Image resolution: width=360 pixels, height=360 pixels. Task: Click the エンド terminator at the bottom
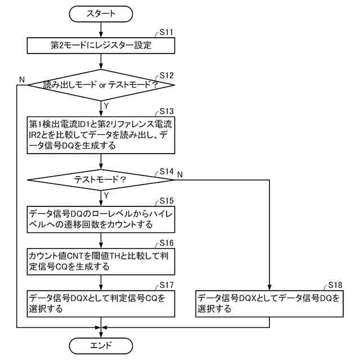(101, 345)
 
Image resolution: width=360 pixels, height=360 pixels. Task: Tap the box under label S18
(269, 303)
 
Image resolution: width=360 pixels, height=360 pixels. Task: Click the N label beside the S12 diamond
(21, 80)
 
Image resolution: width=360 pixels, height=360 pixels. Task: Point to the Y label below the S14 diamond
(106, 195)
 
